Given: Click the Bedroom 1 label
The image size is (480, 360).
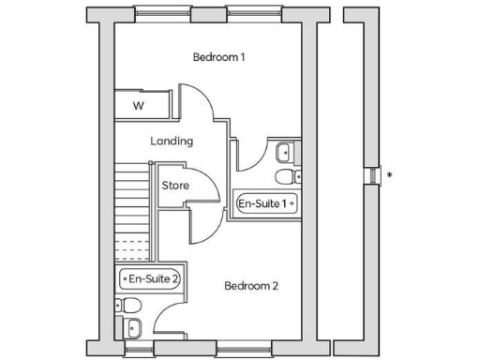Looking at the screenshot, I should click(218, 57).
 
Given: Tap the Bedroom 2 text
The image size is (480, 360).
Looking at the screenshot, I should click(250, 286).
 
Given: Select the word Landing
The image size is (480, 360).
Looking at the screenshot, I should click(172, 142).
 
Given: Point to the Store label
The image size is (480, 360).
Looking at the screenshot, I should click(175, 186).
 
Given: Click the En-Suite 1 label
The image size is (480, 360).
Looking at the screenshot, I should click(266, 203).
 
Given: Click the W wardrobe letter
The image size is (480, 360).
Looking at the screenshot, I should click(138, 105).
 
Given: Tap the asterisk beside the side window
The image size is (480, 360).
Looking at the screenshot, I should click(389, 174).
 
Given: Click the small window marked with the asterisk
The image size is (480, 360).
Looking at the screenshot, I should click(374, 173).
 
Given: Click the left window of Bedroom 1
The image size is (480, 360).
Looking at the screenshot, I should click(156, 14).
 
